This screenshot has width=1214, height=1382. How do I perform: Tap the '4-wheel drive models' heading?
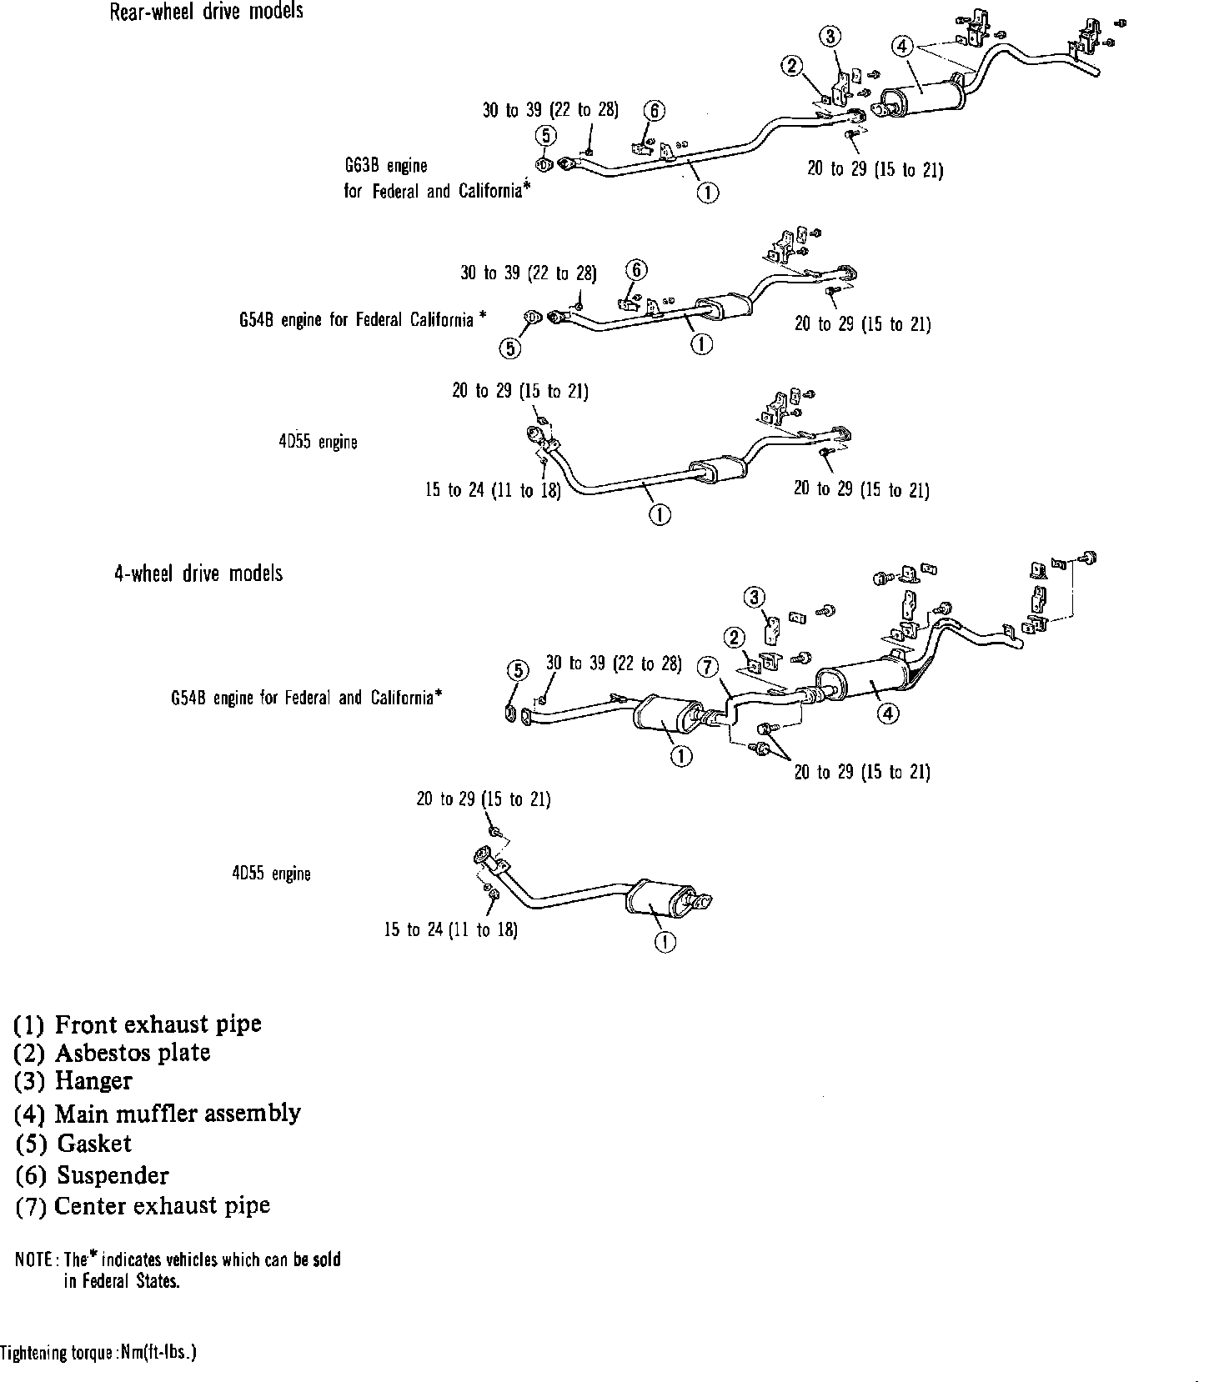pos(198,573)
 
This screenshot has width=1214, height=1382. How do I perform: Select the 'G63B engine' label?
pos(386,165)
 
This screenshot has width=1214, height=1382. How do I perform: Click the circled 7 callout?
pos(706,666)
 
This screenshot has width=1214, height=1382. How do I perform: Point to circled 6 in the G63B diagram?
pos(655,110)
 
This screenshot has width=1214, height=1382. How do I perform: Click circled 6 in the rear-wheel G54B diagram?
pos(636,269)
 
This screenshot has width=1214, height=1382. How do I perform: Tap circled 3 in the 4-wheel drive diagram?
pos(755,597)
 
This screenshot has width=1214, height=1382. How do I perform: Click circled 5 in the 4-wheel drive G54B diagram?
pos(518,670)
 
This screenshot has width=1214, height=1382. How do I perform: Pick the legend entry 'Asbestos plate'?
pos(112,1053)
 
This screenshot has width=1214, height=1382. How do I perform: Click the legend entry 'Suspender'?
pos(92,1175)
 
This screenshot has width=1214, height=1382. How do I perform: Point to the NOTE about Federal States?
pos(178,1269)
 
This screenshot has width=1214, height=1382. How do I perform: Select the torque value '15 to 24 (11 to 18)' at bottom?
pos(450,930)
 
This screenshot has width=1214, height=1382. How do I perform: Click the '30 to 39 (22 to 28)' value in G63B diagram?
pos(550,110)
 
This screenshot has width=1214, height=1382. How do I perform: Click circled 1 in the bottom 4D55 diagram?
pos(665,943)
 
